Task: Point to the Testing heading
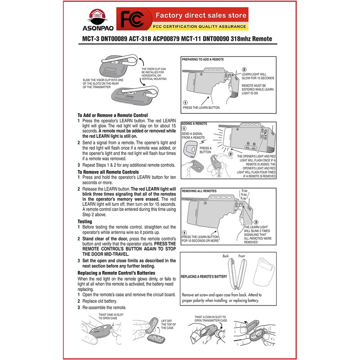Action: click(85, 221)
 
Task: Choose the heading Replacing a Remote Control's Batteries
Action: click(117, 273)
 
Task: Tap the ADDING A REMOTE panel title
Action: click(194, 123)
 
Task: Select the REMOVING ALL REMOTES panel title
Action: click(200, 191)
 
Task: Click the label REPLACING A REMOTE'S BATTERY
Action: click(203, 277)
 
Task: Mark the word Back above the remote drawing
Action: click(226, 256)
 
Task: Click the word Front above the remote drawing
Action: click(241, 256)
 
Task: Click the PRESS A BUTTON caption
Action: click(205, 150)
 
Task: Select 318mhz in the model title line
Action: click(241, 39)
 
